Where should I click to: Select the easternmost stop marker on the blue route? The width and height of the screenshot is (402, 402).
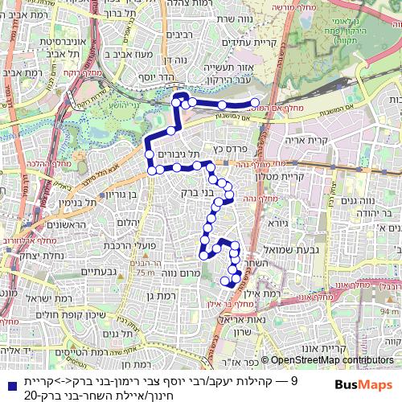point(253,104)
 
